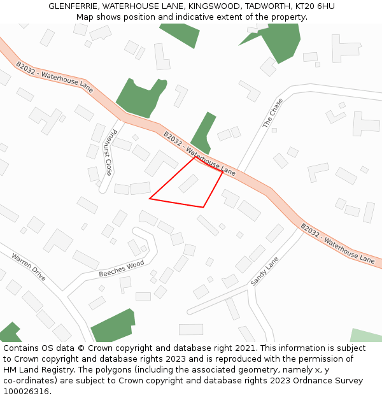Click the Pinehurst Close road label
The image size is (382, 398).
[108, 153]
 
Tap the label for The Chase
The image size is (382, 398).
[272, 113]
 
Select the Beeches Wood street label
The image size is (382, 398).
[122, 269]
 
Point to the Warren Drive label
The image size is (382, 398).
[29, 267]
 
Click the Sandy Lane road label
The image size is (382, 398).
[265, 271]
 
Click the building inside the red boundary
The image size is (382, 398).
[188, 183]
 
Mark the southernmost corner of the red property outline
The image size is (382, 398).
[203, 207]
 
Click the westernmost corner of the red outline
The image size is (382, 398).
[150, 199]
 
